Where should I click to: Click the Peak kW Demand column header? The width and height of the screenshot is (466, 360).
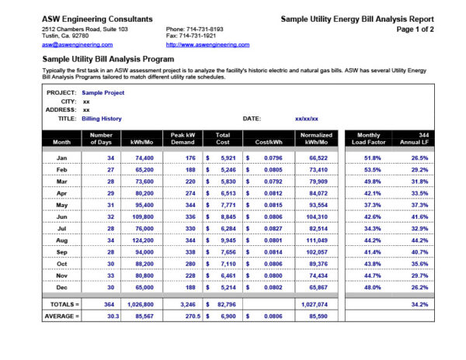(x=183, y=138)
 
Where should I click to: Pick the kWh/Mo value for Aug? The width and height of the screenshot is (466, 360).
(x=142, y=241)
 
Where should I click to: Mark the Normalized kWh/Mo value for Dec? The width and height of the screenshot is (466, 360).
(x=316, y=286)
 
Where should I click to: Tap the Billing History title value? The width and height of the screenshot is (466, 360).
(x=101, y=119)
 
